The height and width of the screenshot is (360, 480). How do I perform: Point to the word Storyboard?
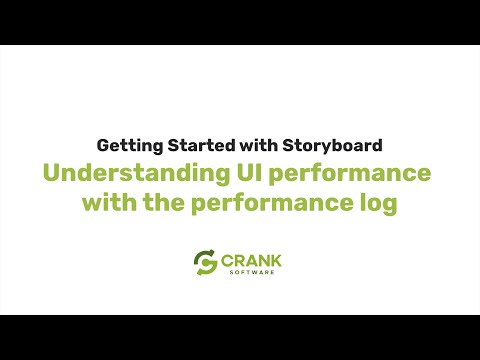click(331, 144)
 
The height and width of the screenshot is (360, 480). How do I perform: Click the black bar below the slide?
click(240, 337)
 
